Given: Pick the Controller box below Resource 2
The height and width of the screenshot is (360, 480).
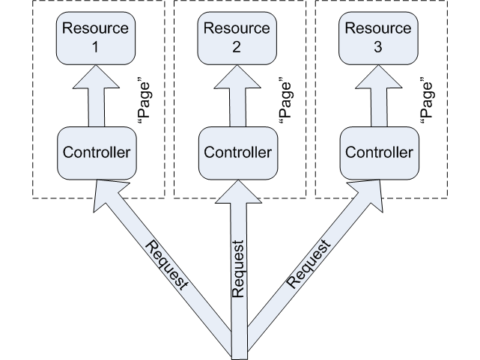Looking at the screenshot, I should pos(237,153).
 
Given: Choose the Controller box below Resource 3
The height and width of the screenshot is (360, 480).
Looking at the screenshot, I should pos(378,153).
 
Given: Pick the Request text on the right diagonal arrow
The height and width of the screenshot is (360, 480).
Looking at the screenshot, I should pos(309,264).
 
